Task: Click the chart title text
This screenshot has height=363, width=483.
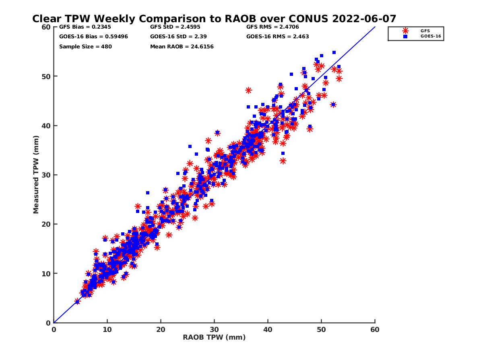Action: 214,19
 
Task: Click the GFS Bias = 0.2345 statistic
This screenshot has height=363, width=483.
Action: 79,27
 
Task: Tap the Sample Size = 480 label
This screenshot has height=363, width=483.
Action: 85,47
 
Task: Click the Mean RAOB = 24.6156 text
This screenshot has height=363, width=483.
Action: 182,47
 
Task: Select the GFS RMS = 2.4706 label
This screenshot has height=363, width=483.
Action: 272,27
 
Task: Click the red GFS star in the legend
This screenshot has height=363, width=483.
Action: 405,31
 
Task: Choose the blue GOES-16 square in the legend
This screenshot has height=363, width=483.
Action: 405,36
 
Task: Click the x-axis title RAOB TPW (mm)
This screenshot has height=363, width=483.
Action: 214,338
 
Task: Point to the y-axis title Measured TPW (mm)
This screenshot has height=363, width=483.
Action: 36,175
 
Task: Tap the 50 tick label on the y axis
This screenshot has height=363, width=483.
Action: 46,76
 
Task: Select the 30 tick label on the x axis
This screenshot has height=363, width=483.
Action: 214,330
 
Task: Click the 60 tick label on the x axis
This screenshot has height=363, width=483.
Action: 375,330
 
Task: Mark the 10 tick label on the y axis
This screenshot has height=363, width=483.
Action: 46,273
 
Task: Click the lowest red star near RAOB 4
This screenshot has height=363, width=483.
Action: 77,301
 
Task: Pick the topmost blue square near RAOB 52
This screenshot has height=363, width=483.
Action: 334,52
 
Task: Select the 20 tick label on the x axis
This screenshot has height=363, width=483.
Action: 161,330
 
